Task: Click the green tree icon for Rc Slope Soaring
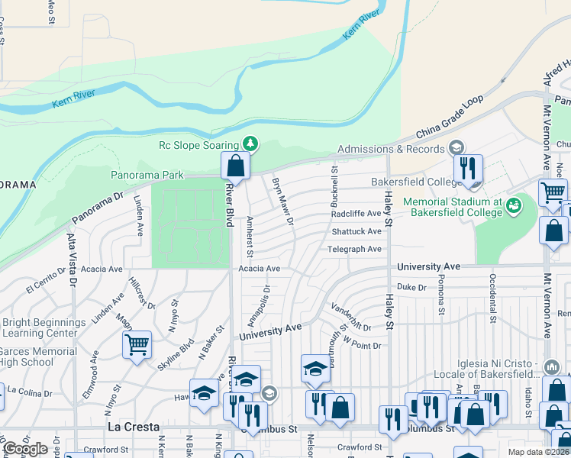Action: click(x=250, y=144)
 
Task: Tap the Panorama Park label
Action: click(x=147, y=175)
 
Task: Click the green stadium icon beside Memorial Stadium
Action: click(x=514, y=205)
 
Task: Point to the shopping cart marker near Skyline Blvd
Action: click(x=137, y=344)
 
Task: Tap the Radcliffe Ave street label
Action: click(x=356, y=214)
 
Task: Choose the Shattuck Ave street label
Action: click(x=356, y=231)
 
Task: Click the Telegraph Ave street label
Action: click(x=355, y=249)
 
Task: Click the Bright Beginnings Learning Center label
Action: click(x=44, y=328)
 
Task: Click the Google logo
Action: click(x=24, y=449)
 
